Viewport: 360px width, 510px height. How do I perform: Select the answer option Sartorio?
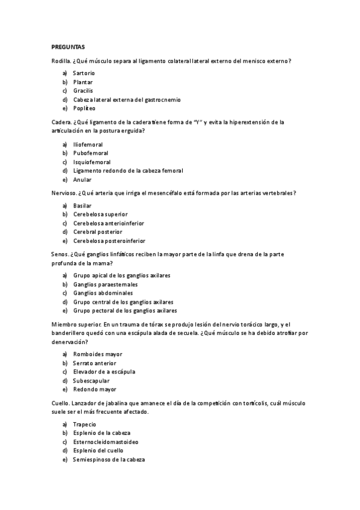(84, 73)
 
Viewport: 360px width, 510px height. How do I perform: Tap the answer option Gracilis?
(83, 90)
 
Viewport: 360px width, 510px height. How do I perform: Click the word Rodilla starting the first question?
(61, 60)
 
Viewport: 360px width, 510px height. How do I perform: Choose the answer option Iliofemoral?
(88, 144)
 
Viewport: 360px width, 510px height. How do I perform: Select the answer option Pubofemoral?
(90, 153)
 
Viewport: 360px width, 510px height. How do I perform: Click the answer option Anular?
(82, 180)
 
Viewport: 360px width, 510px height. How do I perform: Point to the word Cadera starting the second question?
(61, 122)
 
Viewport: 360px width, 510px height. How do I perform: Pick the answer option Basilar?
(82, 206)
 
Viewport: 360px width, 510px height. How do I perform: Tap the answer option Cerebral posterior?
(97, 232)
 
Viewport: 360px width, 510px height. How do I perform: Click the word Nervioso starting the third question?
(64, 193)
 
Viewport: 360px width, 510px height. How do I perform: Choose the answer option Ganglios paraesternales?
(105, 284)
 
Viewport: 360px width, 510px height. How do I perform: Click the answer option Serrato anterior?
(94, 363)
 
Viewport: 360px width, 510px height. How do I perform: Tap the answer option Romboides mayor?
(97, 354)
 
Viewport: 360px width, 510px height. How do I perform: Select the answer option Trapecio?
(85, 425)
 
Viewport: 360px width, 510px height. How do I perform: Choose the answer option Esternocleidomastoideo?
(106, 442)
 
